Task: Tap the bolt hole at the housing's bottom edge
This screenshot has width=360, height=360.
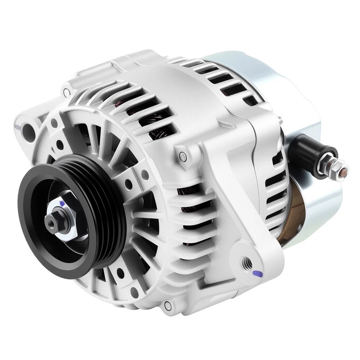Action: (x=168, y=306)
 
